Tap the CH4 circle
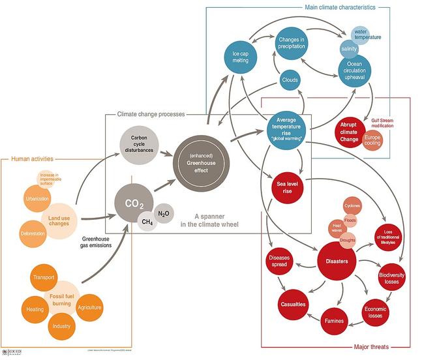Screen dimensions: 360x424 148,222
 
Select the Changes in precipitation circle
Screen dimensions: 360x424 292,42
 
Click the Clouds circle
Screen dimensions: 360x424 290,80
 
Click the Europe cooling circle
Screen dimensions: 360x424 372,140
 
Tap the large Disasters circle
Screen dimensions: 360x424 337,262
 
